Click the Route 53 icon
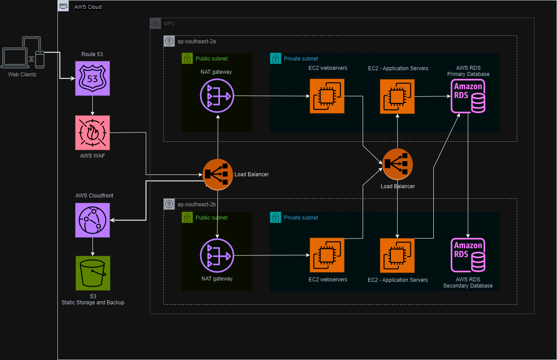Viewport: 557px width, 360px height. (x=92, y=79)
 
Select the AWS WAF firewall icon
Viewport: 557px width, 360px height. (x=92, y=133)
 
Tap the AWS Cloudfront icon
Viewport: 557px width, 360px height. (x=92, y=220)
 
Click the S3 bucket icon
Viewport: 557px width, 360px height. (x=92, y=273)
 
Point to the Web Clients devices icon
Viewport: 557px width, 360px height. (x=23, y=53)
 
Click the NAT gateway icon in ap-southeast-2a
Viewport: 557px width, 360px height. (x=217, y=96)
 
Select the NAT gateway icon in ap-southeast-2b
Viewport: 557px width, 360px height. (x=217, y=255)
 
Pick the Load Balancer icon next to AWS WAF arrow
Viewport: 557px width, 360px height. (x=217, y=174)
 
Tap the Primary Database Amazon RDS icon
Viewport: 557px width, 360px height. (x=468, y=96)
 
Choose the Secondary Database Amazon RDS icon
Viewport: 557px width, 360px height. (x=468, y=255)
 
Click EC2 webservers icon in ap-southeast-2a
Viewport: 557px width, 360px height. (x=327, y=96)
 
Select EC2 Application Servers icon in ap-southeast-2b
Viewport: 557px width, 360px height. (x=397, y=255)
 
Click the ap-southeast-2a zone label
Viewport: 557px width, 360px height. (x=196, y=41)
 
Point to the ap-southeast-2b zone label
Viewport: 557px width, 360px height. (x=196, y=205)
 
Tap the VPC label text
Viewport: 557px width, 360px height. (x=169, y=23)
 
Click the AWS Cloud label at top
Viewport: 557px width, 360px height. (x=87, y=7)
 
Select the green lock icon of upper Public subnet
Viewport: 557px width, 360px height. (x=187, y=58)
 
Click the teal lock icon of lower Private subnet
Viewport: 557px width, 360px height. (x=276, y=217)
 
